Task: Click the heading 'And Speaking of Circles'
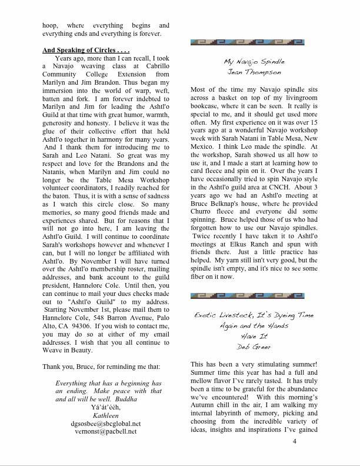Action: pyautogui.click(x=86, y=51)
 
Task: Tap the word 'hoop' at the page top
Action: pyautogui.click(x=49, y=26)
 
